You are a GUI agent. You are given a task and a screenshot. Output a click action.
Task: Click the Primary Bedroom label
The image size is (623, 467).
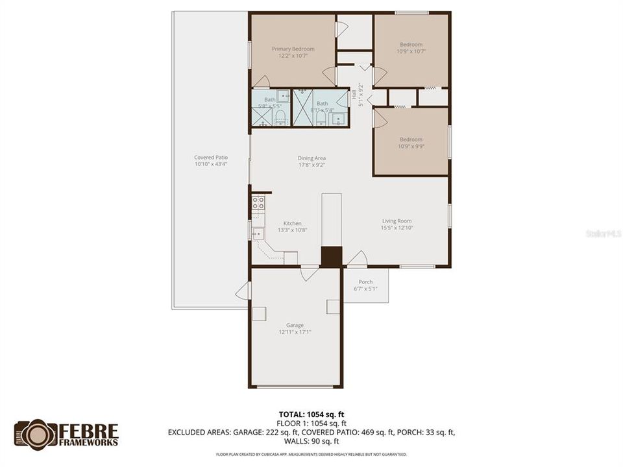click(x=293, y=49)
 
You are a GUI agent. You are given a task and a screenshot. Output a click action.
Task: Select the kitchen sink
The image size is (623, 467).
click(x=258, y=233)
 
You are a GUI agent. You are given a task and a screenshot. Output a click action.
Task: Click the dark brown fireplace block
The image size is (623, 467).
click(x=332, y=256)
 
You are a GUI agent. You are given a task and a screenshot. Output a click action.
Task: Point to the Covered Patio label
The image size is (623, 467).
click(x=211, y=157)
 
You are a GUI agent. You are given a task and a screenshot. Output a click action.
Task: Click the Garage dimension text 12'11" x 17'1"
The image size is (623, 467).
click(x=295, y=332)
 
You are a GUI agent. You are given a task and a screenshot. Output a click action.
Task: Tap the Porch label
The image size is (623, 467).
click(x=365, y=281)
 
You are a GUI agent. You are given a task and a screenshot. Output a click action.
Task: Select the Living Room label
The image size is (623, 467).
click(x=397, y=221)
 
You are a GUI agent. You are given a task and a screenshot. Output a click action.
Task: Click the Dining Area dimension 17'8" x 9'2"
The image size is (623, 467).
click(x=311, y=165)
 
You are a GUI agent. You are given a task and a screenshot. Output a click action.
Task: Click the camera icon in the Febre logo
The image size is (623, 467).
click(x=35, y=433)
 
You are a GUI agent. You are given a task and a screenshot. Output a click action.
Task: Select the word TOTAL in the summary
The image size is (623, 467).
click(x=289, y=414)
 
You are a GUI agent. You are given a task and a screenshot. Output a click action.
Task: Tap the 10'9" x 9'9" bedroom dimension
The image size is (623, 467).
click(x=411, y=146)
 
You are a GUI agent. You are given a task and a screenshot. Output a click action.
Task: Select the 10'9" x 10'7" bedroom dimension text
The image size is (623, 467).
click(x=411, y=51)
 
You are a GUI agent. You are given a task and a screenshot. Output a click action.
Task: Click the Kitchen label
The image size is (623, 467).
click(x=292, y=223)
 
